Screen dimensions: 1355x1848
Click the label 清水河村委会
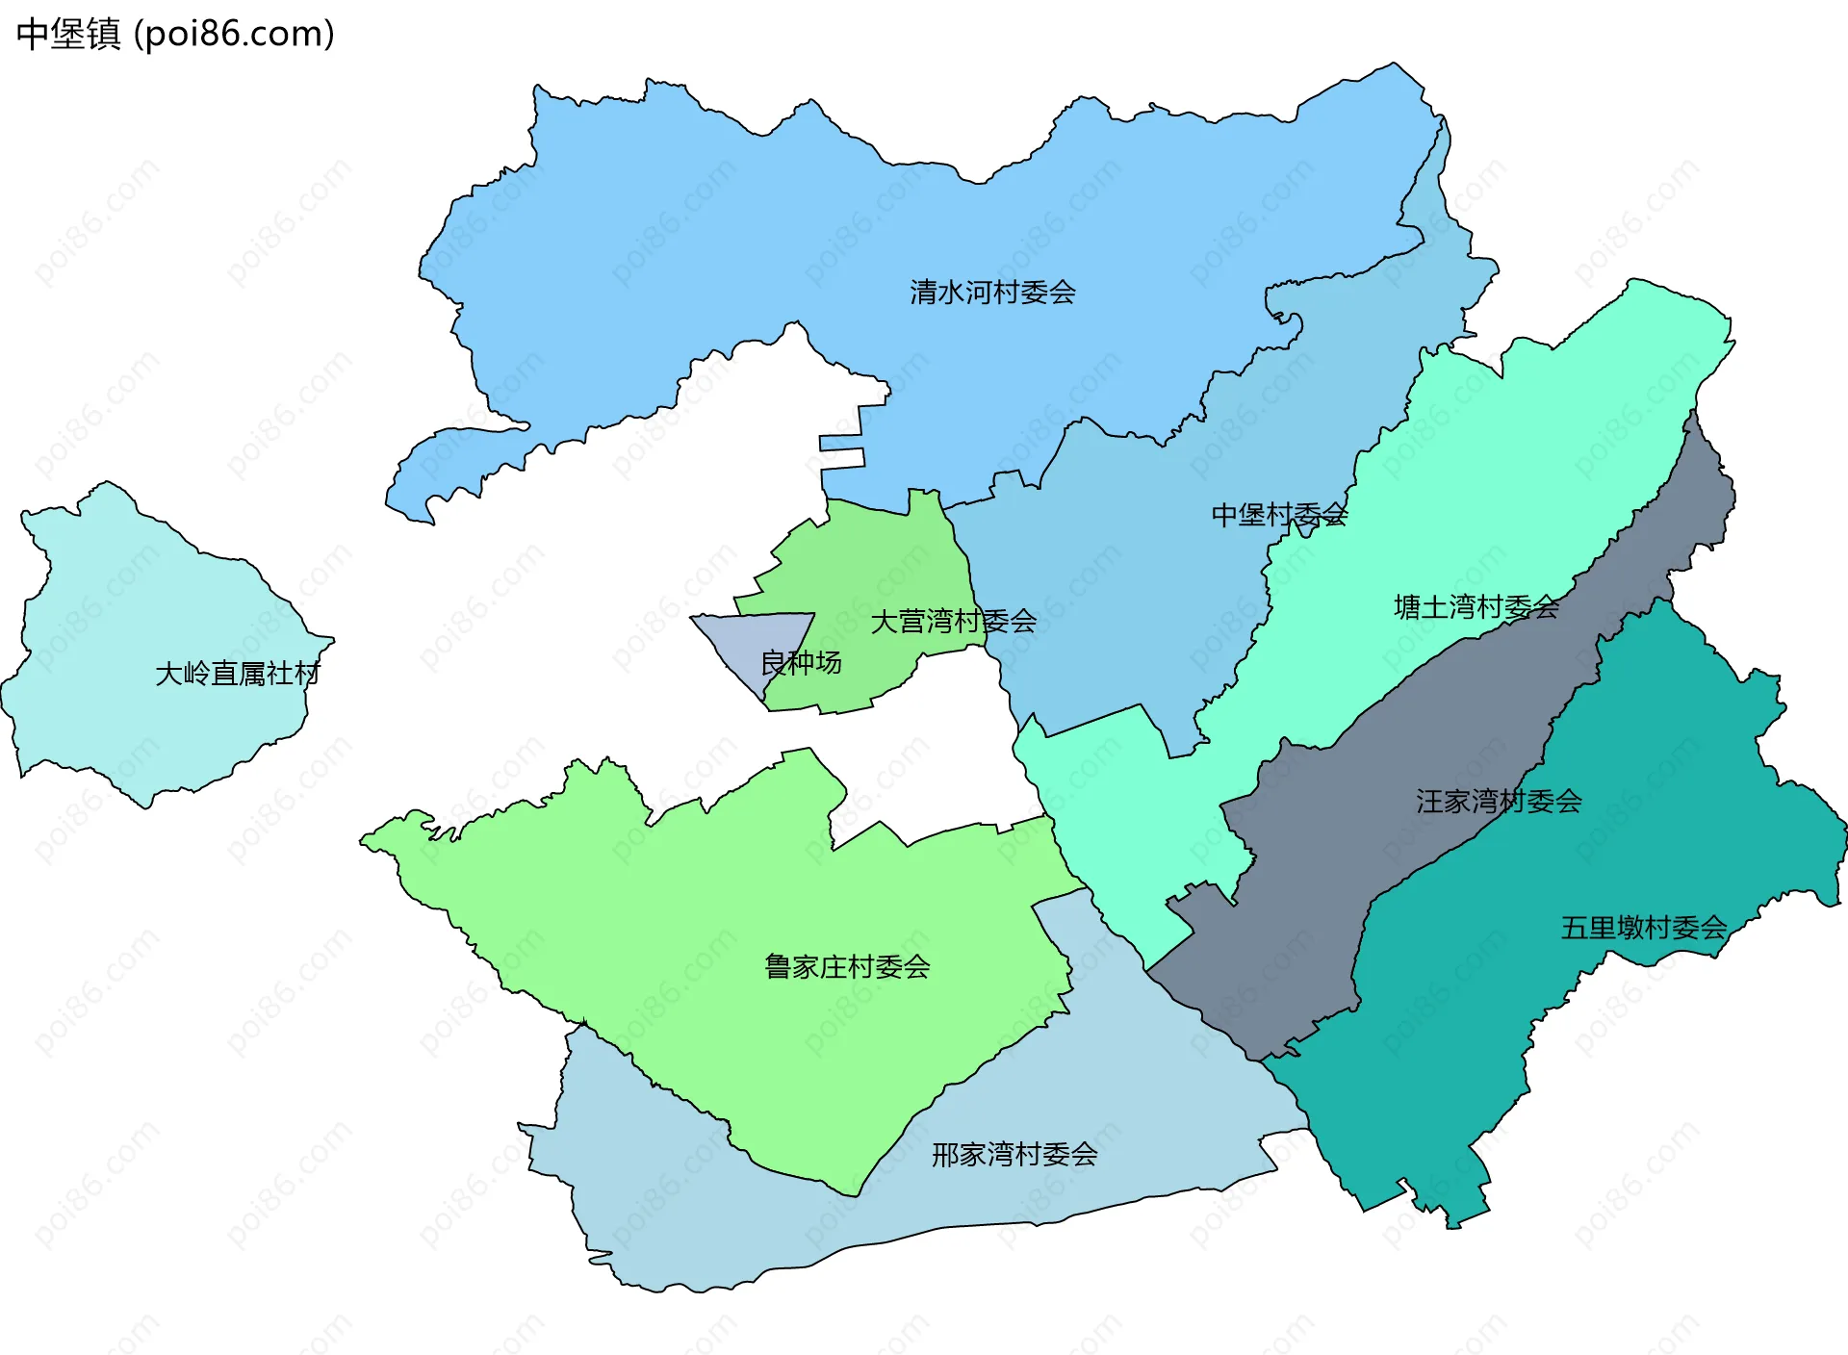tap(992, 292)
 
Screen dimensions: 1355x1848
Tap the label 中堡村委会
tap(1278, 515)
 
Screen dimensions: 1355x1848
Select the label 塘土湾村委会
tap(1476, 606)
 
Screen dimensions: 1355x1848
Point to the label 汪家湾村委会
tap(1499, 801)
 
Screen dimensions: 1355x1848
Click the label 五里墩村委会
tap(1643, 928)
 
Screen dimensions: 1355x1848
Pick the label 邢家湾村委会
tap(1014, 1154)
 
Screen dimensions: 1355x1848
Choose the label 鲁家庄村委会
tap(847, 966)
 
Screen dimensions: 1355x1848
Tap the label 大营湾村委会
tap(953, 622)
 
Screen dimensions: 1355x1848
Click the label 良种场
tap(801, 662)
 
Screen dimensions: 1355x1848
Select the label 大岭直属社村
tap(237, 674)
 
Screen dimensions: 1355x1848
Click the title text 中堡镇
tap(68, 35)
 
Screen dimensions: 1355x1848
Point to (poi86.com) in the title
tap(234, 35)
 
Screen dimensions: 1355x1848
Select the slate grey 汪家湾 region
tap(1347, 866)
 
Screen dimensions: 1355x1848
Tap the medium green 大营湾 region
tap(866, 558)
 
